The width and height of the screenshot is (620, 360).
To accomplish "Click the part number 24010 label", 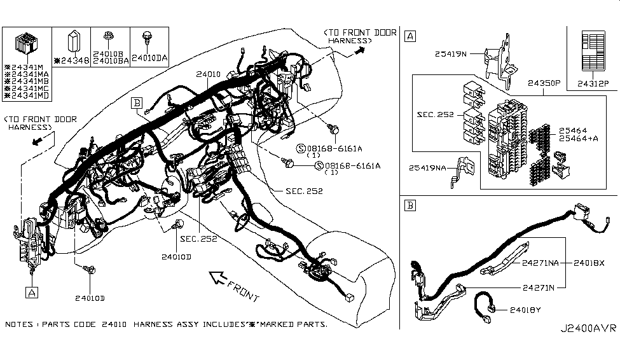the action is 208,74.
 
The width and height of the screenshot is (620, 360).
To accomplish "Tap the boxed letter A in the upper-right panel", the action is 410,36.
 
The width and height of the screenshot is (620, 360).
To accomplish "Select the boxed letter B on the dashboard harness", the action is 137,103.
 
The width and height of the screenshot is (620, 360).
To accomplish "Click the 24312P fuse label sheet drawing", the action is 593,52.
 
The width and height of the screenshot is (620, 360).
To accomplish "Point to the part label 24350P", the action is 544,83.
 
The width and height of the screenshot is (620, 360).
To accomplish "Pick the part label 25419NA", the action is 427,168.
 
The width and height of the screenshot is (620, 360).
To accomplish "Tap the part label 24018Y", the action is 525,310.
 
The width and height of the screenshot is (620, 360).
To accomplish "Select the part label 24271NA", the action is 540,263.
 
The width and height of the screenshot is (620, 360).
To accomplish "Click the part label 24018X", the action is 589,263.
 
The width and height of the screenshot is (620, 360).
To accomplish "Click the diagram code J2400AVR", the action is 588,328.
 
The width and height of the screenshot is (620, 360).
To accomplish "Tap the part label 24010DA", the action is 149,58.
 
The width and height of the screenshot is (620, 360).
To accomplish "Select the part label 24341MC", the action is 27,88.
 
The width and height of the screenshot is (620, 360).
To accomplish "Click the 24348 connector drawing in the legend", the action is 74,41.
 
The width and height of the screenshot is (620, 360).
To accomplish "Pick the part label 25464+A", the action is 578,139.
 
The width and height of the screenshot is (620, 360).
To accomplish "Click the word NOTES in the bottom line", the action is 19,324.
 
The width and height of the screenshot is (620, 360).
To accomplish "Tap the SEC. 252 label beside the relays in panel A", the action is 436,114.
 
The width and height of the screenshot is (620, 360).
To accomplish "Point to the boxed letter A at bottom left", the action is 32,293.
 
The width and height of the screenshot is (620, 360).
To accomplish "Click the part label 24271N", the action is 539,287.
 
